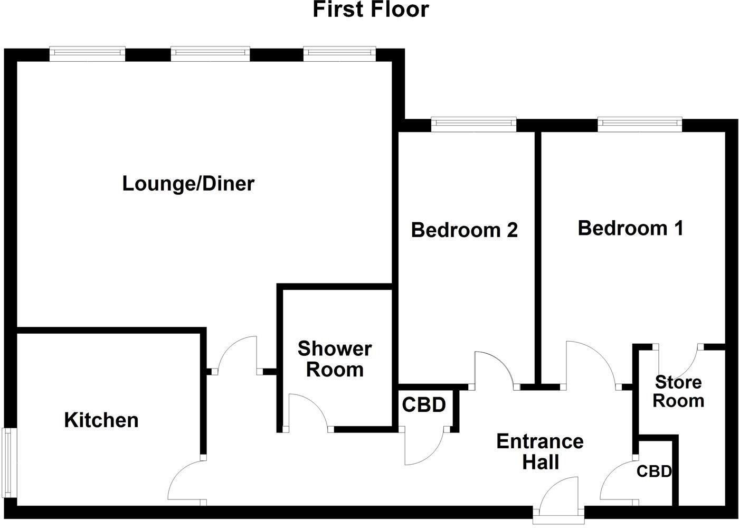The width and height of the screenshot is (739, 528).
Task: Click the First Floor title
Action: (371, 10)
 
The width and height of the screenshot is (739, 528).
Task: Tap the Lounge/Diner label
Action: (188, 184)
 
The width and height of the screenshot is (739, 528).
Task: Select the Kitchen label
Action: (101, 420)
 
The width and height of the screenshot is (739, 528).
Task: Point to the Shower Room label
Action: (335, 359)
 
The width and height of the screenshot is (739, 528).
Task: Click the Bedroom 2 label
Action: (464, 230)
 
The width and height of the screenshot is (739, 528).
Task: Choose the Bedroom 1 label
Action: (630, 228)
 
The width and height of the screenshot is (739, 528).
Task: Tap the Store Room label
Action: (678, 391)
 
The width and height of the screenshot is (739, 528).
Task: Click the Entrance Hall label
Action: (540, 451)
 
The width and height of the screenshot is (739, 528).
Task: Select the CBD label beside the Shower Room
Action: (424, 405)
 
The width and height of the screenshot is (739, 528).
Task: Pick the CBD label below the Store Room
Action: (654, 471)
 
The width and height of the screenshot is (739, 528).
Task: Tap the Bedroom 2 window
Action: (473, 124)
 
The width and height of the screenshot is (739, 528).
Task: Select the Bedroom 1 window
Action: (640, 124)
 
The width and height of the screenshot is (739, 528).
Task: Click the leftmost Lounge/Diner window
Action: (87, 53)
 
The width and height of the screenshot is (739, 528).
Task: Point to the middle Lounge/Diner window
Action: (210, 53)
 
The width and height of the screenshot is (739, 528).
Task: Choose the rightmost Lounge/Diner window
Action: (339, 53)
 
